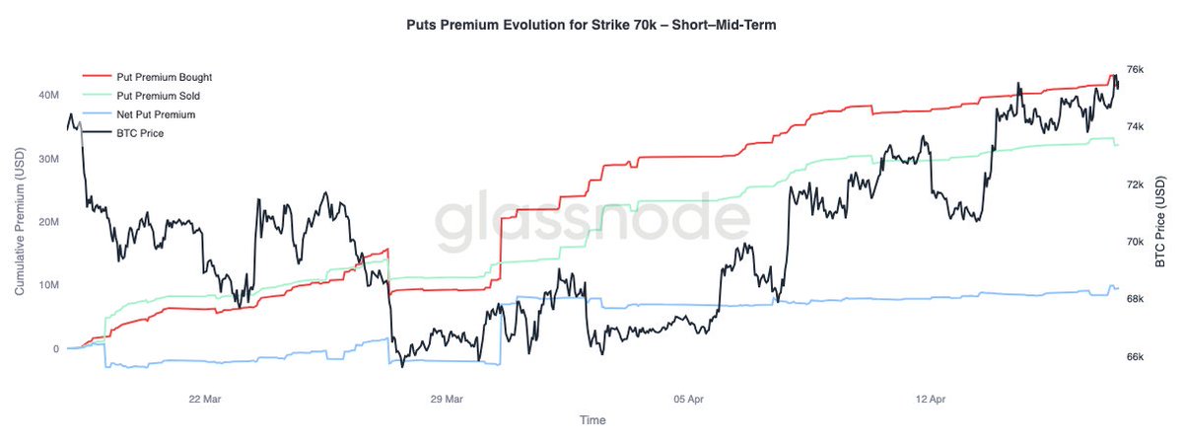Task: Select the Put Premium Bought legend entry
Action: (164, 77)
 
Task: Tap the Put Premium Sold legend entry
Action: (158, 96)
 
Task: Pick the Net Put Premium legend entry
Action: (156, 114)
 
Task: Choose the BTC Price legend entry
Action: (140, 133)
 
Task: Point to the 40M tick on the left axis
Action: (48, 96)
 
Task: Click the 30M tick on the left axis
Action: (48, 159)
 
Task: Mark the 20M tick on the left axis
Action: (48, 222)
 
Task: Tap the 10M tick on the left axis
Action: (48, 286)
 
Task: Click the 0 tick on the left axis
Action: (56, 349)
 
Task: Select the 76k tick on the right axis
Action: (1135, 69)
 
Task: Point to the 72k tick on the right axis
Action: (1135, 185)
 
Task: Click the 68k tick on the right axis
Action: (1135, 299)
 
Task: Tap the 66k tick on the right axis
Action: (1135, 357)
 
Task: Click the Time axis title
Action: (592, 420)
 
